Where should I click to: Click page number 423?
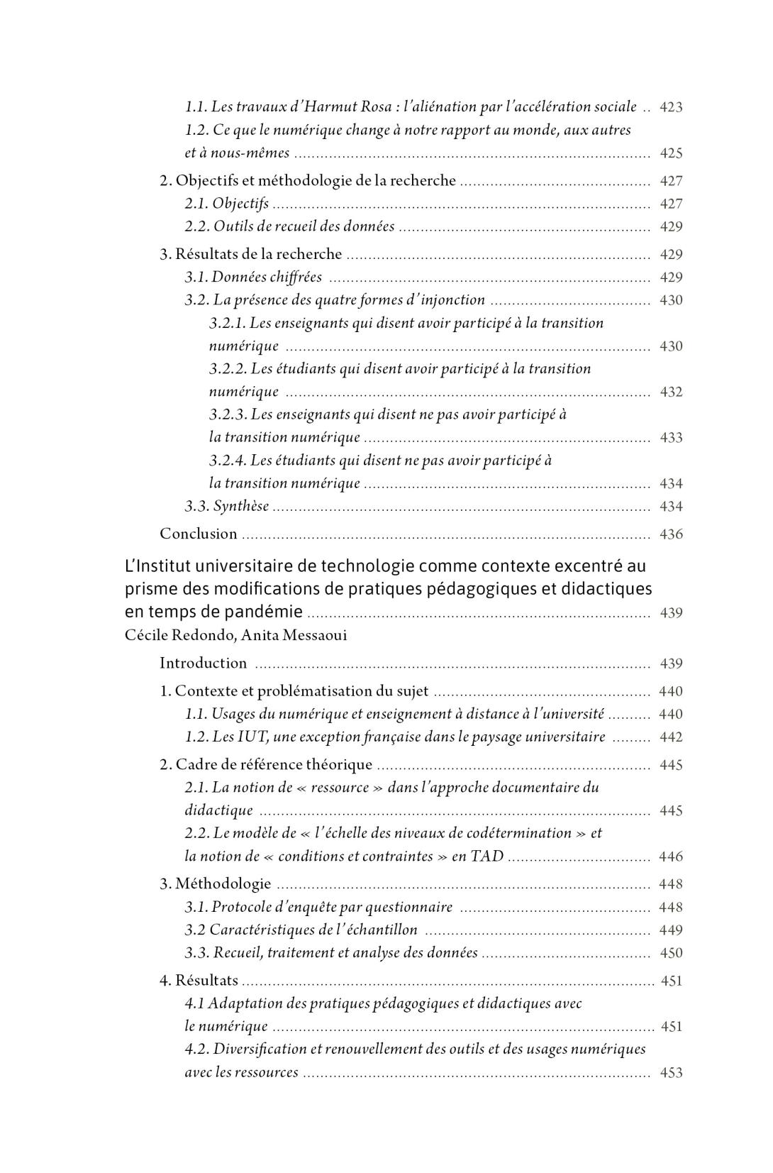(x=671, y=108)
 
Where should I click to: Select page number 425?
(x=671, y=153)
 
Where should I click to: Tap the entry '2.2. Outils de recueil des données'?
(x=289, y=226)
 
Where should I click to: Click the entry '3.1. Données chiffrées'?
(x=253, y=277)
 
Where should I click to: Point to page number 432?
(x=671, y=392)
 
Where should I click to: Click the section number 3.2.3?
(x=228, y=414)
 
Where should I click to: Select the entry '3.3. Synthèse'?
(x=227, y=506)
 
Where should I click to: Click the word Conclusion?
(x=198, y=534)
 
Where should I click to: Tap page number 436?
(x=671, y=534)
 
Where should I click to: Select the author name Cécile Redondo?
(x=179, y=635)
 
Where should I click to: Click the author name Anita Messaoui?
(x=294, y=635)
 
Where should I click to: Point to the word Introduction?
(x=204, y=663)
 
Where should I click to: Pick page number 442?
(x=671, y=737)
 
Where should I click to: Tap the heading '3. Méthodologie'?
(x=216, y=883)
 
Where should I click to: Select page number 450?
(x=671, y=953)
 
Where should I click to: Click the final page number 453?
(x=671, y=1073)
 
